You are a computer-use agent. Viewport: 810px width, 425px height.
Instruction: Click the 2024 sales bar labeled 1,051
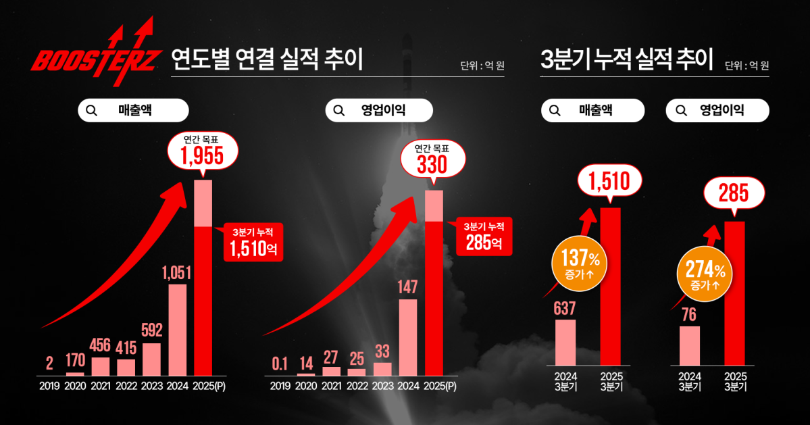click(x=177, y=329)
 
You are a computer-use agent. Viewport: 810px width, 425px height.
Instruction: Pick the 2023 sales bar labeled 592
click(x=152, y=359)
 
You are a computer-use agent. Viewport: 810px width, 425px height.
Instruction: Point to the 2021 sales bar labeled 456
click(x=101, y=366)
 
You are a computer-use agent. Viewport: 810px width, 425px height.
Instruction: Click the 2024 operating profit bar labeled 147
click(x=408, y=336)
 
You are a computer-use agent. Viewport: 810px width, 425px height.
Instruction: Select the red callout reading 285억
click(x=484, y=236)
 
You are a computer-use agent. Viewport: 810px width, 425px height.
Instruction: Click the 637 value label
click(x=565, y=309)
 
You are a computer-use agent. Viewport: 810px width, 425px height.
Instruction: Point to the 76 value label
click(x=689, y=316)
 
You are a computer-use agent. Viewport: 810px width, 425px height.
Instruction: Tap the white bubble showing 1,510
click(x=610, y=181)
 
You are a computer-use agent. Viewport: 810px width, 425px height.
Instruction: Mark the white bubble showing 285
click(x=734, y=194)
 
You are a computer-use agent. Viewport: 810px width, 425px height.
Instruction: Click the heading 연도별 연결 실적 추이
click(x=267, y=60)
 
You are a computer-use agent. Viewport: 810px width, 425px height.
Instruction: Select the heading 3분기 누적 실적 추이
click(x=627, y=60)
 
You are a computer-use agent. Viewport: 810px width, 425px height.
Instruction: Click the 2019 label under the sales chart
click(x=49, y=386)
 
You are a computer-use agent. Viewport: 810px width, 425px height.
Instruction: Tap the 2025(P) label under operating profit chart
click(x=438, y=386)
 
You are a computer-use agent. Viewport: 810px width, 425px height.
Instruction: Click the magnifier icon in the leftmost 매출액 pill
click(x=93, y=110)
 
